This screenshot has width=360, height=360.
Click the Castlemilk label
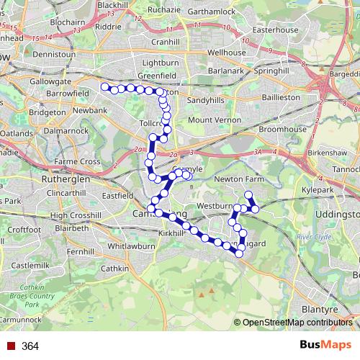click(30, 266)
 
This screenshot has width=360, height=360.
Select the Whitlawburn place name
click(132, 246)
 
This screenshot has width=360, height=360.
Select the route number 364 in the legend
click(30, 346)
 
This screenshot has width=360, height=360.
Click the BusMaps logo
click(320, 346)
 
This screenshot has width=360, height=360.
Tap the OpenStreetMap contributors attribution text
click(297, 323)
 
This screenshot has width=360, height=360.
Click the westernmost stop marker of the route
click(104, 87)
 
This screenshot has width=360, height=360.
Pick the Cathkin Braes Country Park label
click(42, 295)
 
